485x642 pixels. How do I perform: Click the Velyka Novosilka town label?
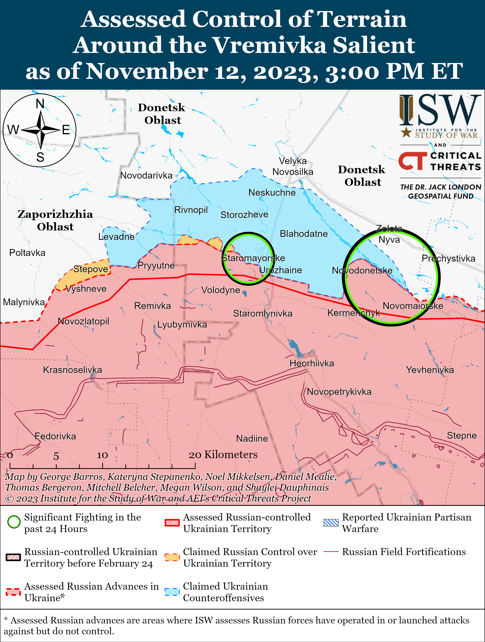coord(293,166)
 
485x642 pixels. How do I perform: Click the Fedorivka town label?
coord(55,436)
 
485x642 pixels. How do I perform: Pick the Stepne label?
coord(462,435)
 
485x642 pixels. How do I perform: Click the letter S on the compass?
coord(40,157)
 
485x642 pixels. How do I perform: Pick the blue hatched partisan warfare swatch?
coord(331,522)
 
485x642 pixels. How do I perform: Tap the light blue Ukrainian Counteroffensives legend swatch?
coord(172,592)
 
